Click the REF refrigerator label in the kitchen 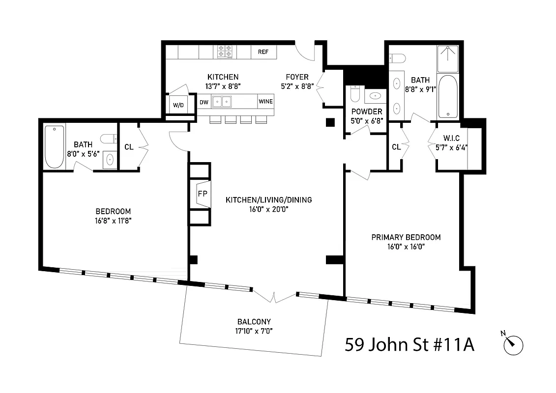pyautogui.click(x=263, y=52)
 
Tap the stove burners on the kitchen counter pyautogui.click(x=226, y=52)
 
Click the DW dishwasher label pyautogui.click(x=204, y=102)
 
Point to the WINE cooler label pyautogui.click(x=265, y=102)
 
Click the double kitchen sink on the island pyautogui.click(x=222, y=102)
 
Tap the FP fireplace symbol pyautogui.click(x=202, y=194)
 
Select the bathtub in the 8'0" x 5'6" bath pyautogui.click(x=54, y=146)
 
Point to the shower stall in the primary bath pyautogui.click(x=447, y=58)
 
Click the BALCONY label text pyautogui.click(x=254, y=322)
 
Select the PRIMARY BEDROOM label pyautogui.click(x=406, y=237)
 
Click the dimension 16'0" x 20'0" pyautogui.click(x=268, y=209)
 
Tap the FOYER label pyautogui.click(x=297, y=77)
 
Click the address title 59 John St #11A pyautogui.click(x=409, y=344)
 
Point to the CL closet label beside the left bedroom pyautogui.click(x=128, y=146)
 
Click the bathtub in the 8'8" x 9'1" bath pyautogui.click(x=447, y=96)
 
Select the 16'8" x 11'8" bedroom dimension pyautogui.click(x=113, y=221)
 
